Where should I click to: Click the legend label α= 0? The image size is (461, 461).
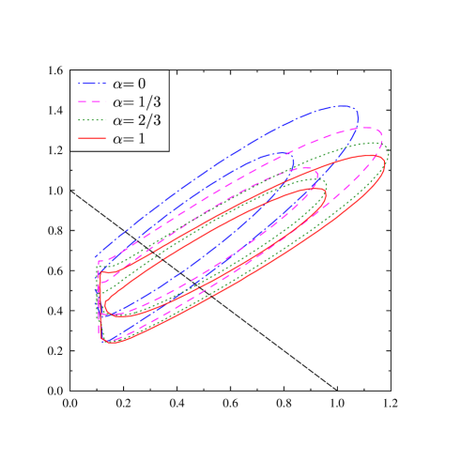tap(129, 84)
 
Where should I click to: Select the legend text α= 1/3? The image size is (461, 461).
tap(135, 101)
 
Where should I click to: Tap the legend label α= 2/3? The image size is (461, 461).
tap(135, 120)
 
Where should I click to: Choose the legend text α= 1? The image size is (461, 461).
tap(129, 138)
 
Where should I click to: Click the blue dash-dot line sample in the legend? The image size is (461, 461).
tap(91, 84)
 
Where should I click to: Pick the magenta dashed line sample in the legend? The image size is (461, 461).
tap(91, 101)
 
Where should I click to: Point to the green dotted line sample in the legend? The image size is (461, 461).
tap(91, 120)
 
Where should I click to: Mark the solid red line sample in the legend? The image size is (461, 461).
tap(91, 138)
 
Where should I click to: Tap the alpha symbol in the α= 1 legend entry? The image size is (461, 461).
tap(117, 139)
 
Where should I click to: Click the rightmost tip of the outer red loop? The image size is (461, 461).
tap(384, 162)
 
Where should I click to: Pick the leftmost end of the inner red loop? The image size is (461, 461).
tap(105, 305)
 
